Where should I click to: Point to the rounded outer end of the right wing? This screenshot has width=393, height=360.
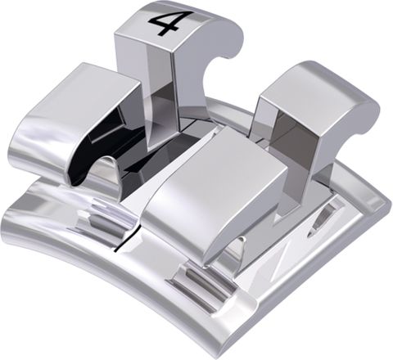pyautogui.click(x=364, y=115)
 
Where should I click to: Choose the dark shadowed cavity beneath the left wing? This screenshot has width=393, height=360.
pyautogui.click(x=115, y=131)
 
